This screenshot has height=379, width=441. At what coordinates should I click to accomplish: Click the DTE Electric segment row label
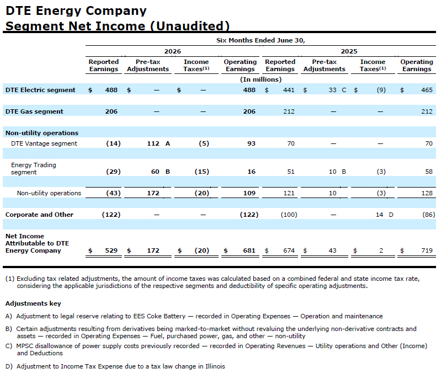[x=40, y=90]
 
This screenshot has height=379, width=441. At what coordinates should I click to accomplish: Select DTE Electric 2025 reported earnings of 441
[x=289, y=90]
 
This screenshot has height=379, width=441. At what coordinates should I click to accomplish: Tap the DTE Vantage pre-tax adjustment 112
[x=153, y=143]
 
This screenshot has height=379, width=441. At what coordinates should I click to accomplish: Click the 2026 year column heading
[x=172, y=51]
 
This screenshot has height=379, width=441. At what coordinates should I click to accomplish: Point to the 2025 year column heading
[x=349, y=51]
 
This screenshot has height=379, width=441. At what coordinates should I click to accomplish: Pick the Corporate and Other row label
[x=39, y=215]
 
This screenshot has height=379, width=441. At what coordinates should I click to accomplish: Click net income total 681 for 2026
[x=249, y=250]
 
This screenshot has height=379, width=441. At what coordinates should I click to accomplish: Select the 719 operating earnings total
[x=427, y=250]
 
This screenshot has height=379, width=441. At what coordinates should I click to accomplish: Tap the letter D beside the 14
[x=391, y=215]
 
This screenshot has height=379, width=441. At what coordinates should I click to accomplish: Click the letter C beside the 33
[x=344, y=90]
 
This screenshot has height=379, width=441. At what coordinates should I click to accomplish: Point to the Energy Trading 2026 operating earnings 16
[x=251, y=172]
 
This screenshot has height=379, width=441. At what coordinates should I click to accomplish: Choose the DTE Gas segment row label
[x=34, y=111]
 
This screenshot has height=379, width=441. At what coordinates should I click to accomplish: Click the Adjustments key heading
[x=33, y=303]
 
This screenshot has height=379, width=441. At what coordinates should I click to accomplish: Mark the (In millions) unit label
[x=261, y=79]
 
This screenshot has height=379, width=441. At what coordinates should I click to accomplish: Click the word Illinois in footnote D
[x=215, y=366]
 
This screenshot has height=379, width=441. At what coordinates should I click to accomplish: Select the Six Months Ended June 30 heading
[x=261, y=40]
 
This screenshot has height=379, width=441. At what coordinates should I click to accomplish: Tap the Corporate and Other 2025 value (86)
[x=428, y=215]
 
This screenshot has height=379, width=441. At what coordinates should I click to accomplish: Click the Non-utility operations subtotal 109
[x=249, y=193]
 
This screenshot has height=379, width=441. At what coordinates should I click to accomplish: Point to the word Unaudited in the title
[x=192, y=26]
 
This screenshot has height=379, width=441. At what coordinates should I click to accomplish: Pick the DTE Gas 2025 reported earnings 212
[x=289, y=111]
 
